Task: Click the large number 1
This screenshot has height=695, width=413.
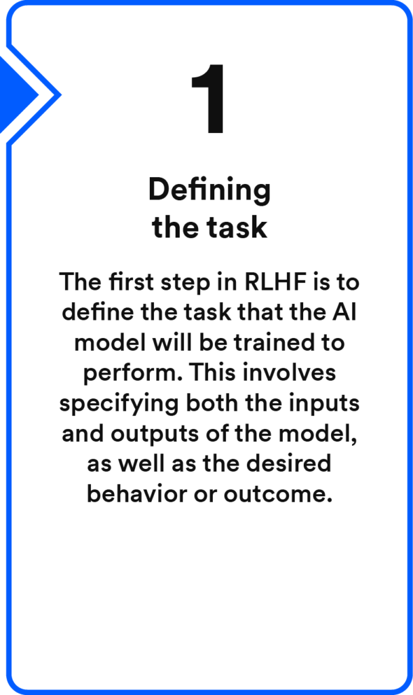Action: (x=208, y=98)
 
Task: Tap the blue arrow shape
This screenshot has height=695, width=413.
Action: (x=18, y=94)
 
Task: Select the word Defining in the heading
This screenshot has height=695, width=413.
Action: (x=210, y=191)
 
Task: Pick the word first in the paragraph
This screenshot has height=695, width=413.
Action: (x=131, y=282)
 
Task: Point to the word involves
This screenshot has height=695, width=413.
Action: (x=289, y=373)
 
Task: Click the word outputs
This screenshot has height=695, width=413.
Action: (x=155, y=434)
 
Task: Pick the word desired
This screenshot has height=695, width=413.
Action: (x=289, y=464)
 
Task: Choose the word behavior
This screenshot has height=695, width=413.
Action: (x=137, y=494)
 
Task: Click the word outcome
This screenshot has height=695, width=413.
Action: (x=278, y=495)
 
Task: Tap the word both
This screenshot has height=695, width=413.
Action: (x=212, y=402)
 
